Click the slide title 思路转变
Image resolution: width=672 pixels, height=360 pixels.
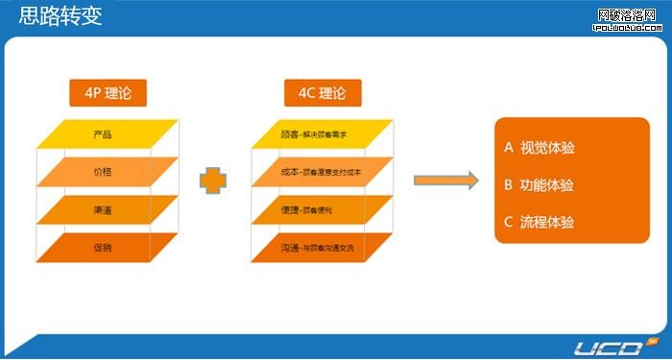pos(60,16)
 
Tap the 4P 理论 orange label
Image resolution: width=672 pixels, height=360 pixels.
pos(107,93)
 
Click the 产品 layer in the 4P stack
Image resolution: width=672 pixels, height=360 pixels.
pos(108,133)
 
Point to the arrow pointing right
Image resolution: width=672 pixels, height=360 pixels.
pos(445,180)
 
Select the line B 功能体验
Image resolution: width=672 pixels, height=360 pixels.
pos(540,185)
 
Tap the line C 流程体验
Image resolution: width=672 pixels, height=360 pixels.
pos(540,223)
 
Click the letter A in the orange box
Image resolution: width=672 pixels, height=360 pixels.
pos(509,149)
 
